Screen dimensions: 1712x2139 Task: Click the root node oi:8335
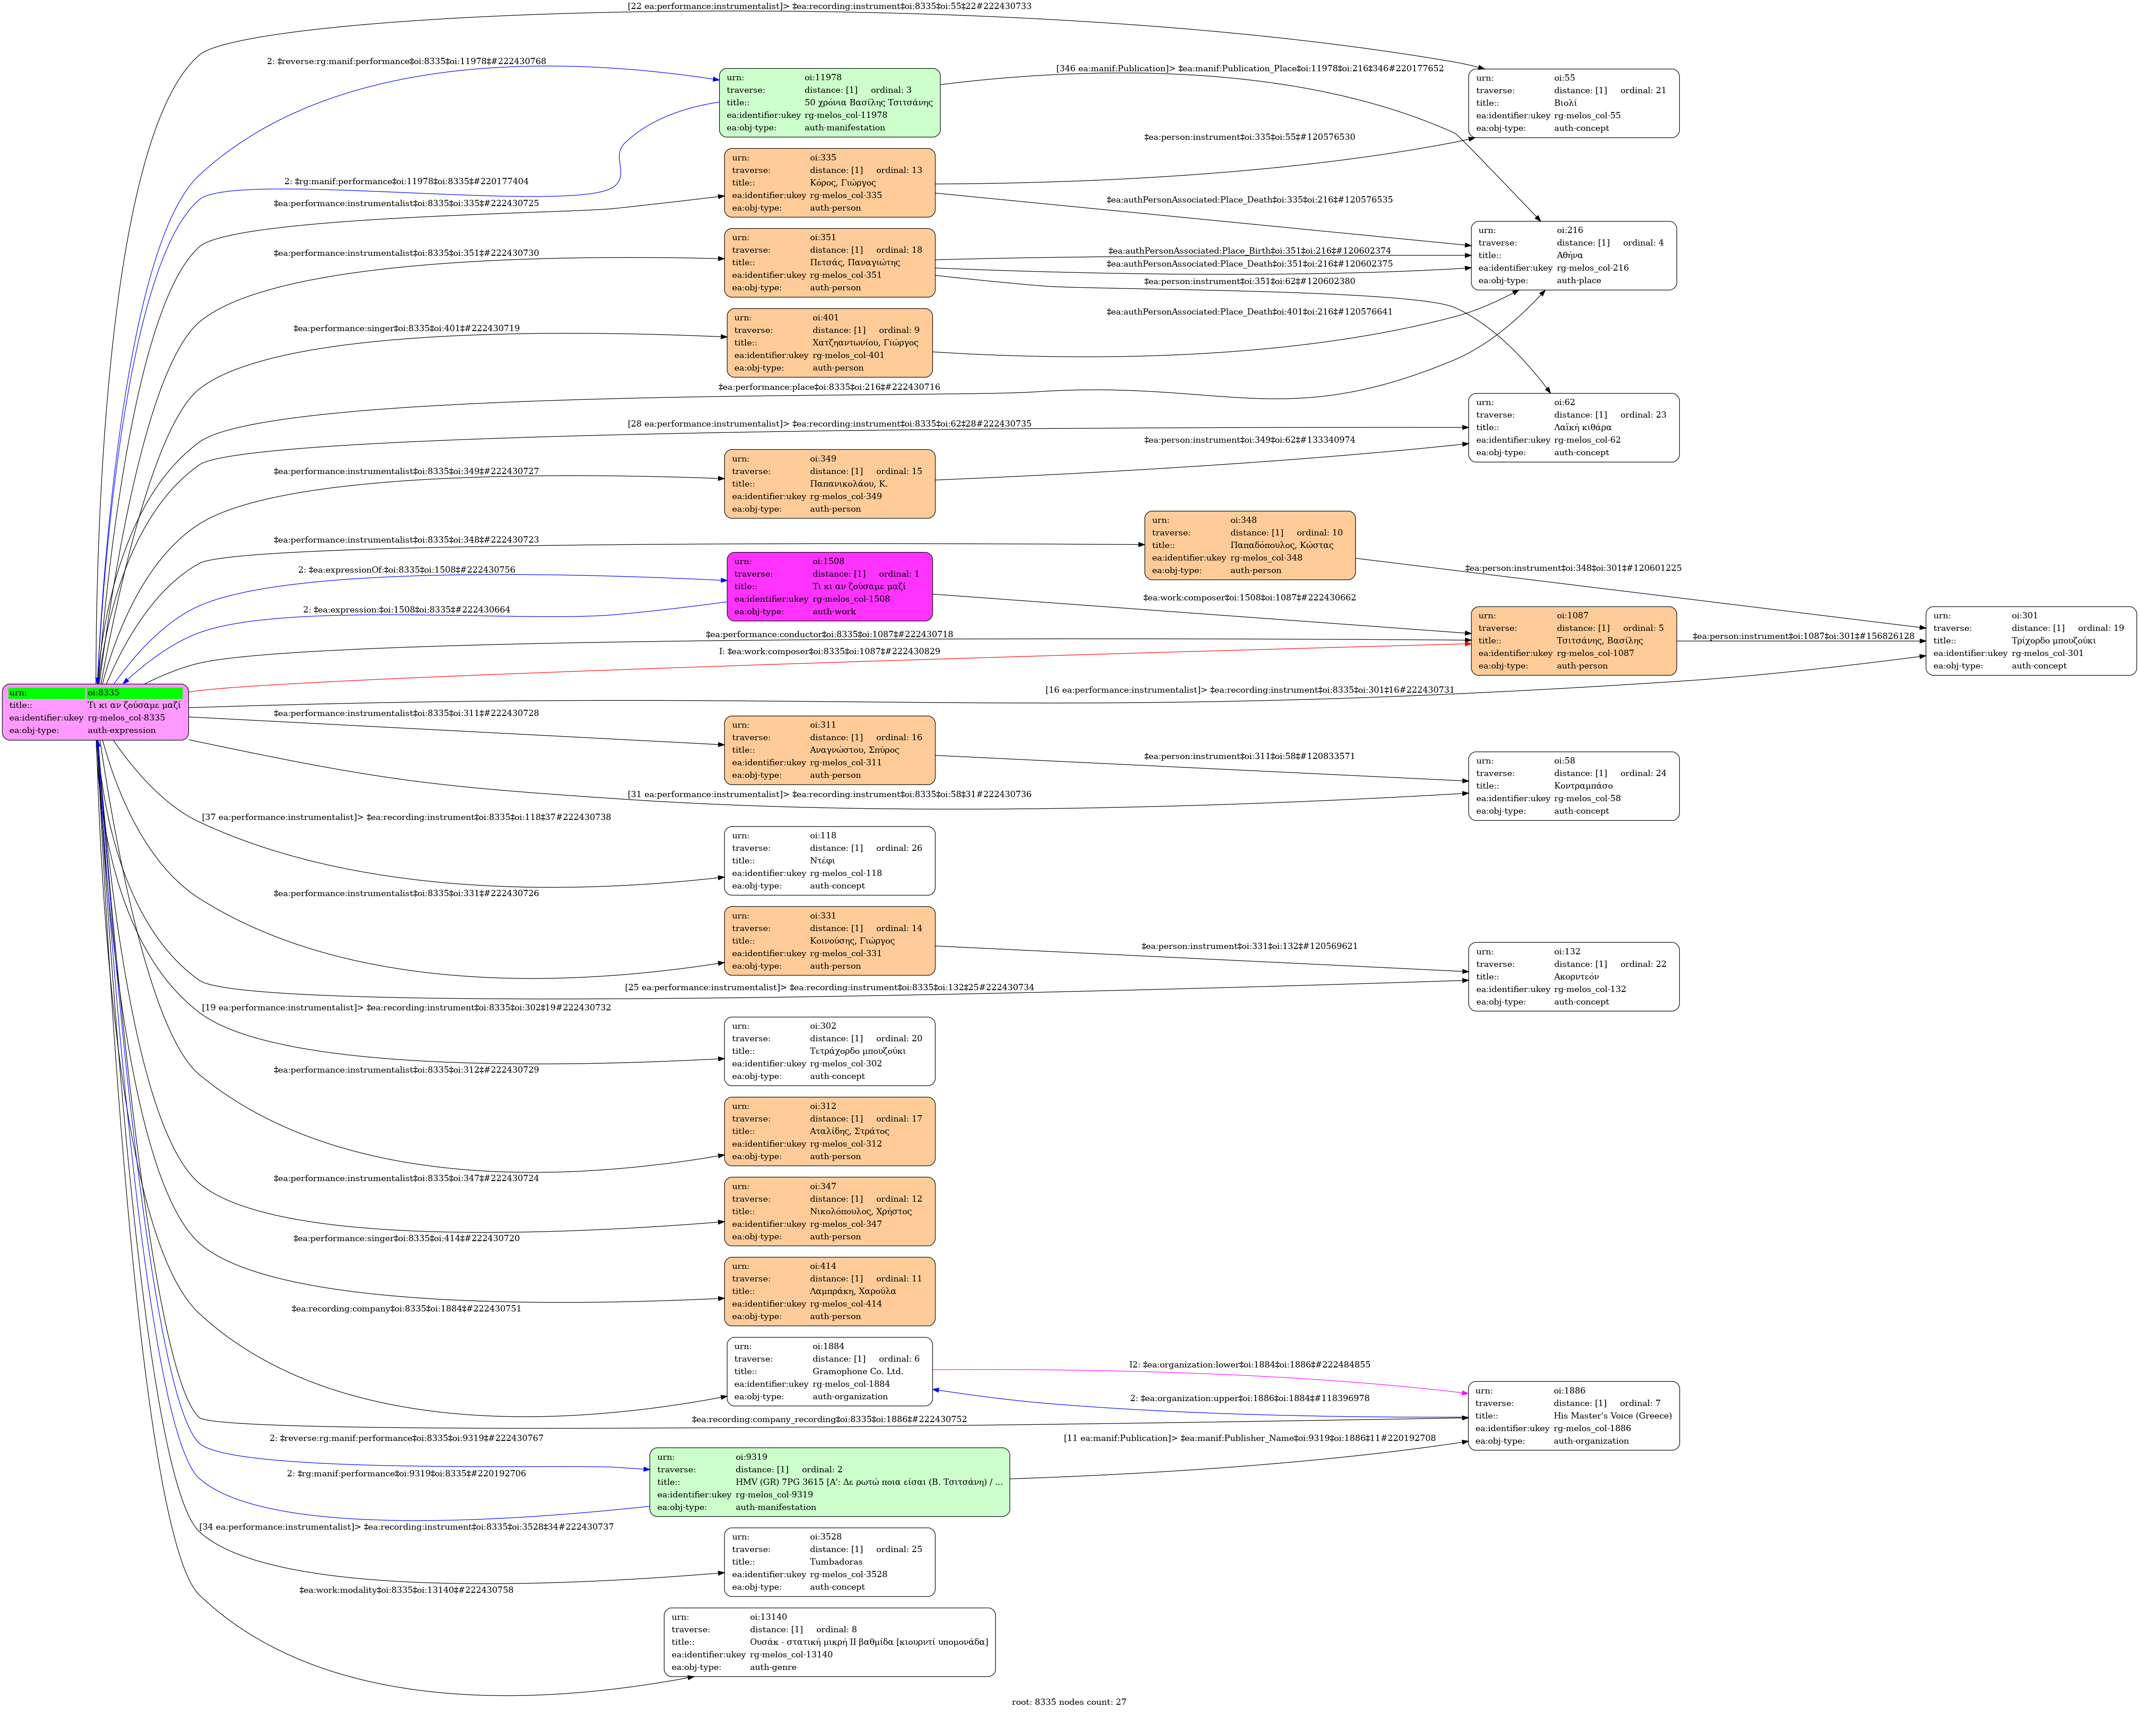tap(95, 712)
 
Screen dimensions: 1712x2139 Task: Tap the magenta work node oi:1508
tap(829, 586)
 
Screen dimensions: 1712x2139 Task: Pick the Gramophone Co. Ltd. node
tap(829, 1371)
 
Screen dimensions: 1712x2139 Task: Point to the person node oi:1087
tap(1573, 641)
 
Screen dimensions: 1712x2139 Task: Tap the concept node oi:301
tap(2031, 641)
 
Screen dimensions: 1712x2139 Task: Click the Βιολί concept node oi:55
tap(1573, 103)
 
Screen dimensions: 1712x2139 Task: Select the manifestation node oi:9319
tap(829, 1482)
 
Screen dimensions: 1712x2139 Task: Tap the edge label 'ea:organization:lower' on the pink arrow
tap(1249, 1365)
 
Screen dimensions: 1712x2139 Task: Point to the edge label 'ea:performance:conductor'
tap(829, 634)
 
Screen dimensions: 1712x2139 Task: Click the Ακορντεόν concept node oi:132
tap(1573, 977)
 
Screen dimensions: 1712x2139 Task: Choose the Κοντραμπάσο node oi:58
tap(1573, 786)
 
